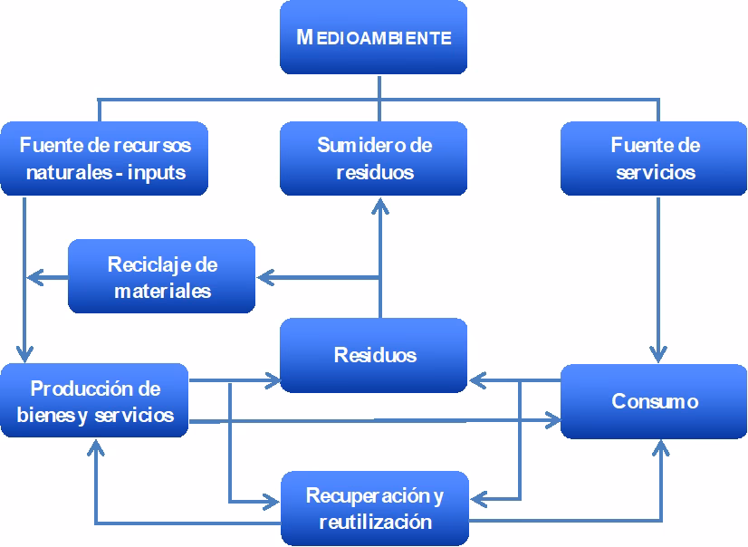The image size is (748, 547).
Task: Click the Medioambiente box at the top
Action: click(x=373, y=38)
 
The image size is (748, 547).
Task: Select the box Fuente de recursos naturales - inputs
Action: click(x=104, y=158)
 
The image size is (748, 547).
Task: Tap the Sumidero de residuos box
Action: click(x=374, y=158)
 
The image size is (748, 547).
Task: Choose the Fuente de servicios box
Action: click(x=655, y=158)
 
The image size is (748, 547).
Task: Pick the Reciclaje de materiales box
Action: click(x=162, y=277)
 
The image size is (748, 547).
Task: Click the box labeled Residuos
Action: click(x=374, y=354)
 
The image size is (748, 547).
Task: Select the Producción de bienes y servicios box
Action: click(x=95, y=402)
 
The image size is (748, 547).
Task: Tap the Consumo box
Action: click(x=655, y=400)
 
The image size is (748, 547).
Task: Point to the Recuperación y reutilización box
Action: click(x=374, y=508)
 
